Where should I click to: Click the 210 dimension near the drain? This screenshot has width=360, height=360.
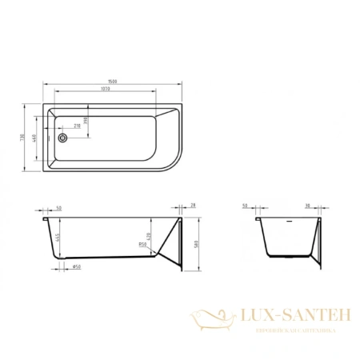[x=77, y=126]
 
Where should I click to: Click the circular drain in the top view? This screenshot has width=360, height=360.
[x=62, y=137]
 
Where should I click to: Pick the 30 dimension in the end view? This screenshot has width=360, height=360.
[x=308, y=206]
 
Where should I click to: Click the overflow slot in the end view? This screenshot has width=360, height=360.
[x=288, y=216]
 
